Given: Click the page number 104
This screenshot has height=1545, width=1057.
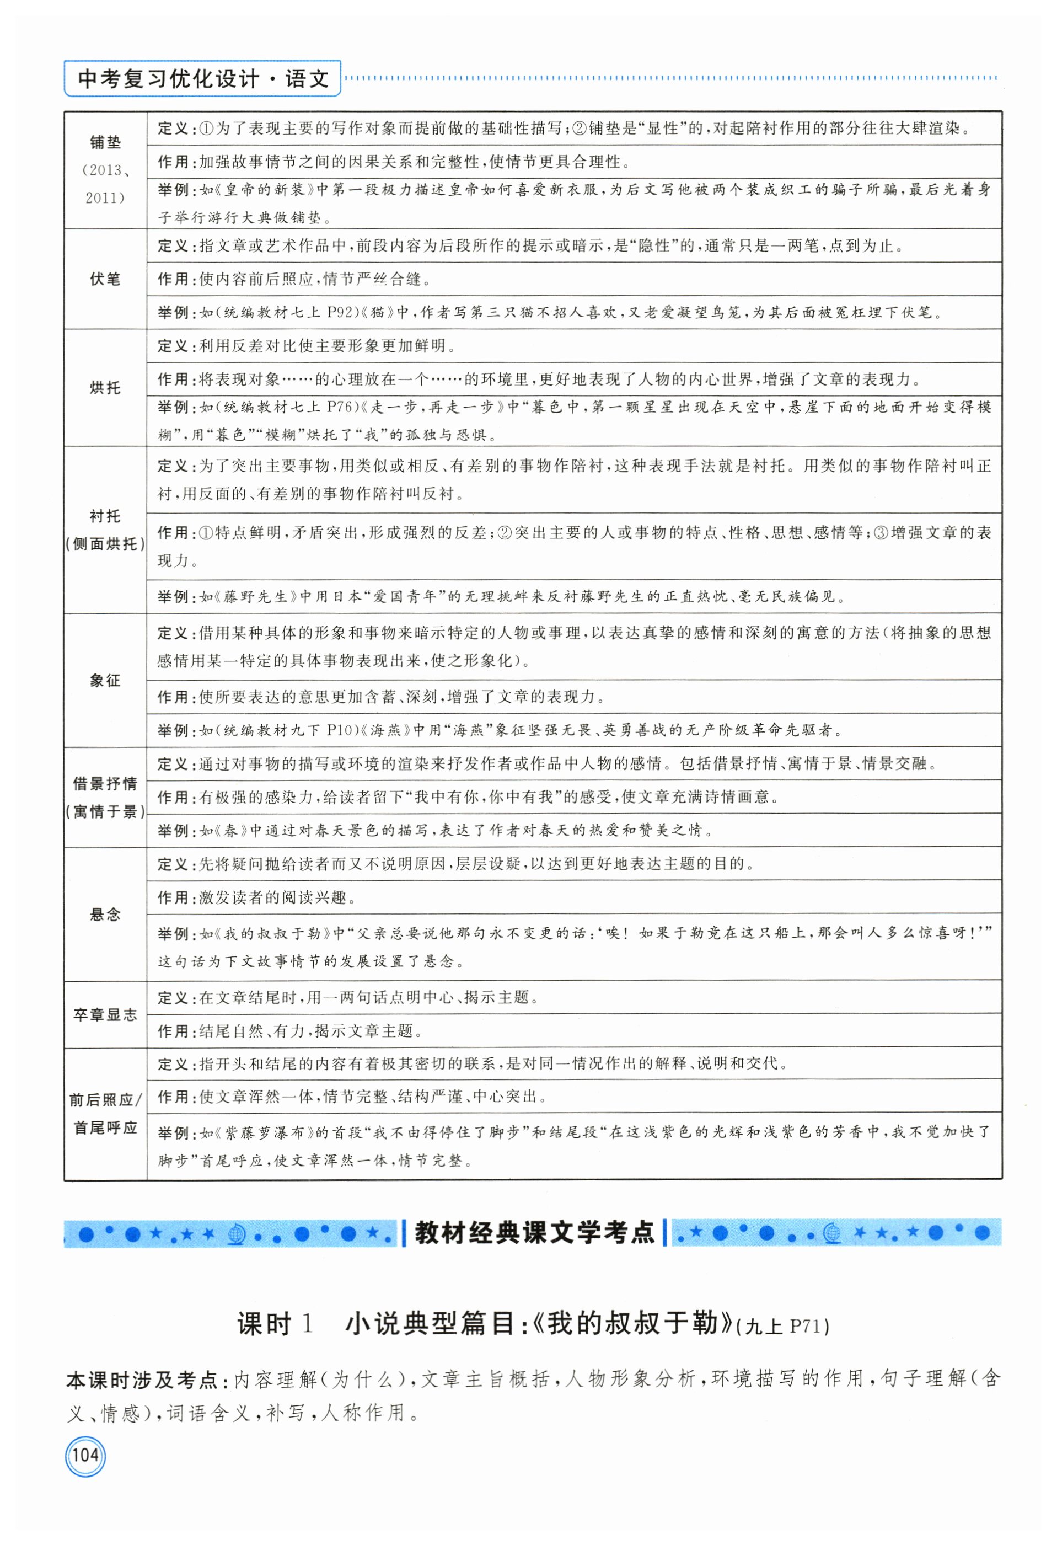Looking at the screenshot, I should click(85, 1455).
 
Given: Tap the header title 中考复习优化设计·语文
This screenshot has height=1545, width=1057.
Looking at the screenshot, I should click(202, 79).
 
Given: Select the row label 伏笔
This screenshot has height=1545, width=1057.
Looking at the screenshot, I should click(105, 279).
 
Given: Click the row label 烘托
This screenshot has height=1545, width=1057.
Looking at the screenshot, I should click(105, 388).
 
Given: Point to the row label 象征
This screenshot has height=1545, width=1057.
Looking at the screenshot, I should click(105, 680).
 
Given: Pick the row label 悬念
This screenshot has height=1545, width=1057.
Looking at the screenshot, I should click(105, 914).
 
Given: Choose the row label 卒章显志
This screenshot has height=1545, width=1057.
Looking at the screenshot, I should click(105, 1014).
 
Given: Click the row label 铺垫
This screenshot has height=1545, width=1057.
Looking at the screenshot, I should click(105, 142).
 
